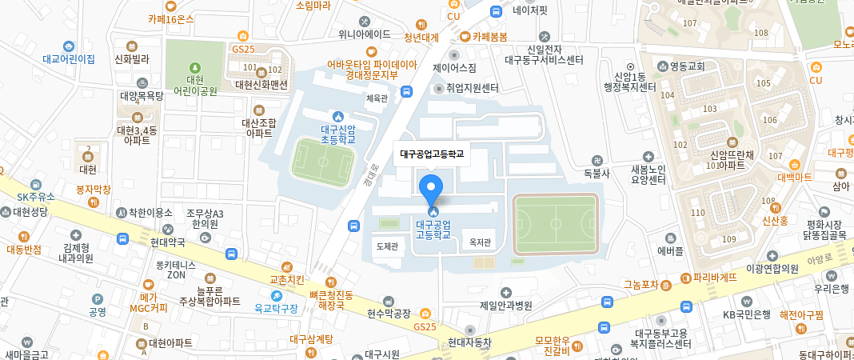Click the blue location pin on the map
432,189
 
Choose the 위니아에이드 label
364,34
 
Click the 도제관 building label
387,246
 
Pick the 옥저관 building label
480,242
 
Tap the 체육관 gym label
376,98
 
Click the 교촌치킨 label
287,280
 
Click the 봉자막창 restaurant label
93,190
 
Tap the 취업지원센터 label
472,88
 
